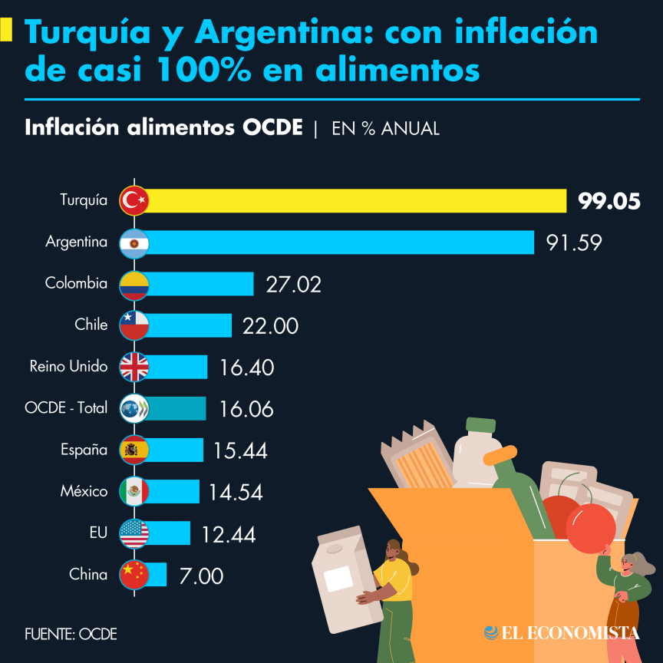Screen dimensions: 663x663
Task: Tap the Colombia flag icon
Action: pyautogui.click(x=134, y=284)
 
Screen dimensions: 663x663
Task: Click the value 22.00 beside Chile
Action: pyautogui.click(x=270, y=325)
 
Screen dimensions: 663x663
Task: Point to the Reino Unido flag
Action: pyautogui.click(x=134, y=367)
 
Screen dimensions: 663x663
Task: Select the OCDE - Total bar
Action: pyautogui.click(x=177, y=408)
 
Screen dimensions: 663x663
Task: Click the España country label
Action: pyautogui.click(x=84, y=450)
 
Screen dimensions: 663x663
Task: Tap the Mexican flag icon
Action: pyautogui.click(x=134, y=491)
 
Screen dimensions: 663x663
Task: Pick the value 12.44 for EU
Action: pyautogui.click(x=229, y=534)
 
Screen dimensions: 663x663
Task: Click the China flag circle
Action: pyautogui.click(x=134, y=574)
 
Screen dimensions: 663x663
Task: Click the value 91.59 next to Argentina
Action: pyautogui.click(x=574, y=242)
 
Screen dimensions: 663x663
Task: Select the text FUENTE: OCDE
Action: pyautogui.click(x=71, y=634)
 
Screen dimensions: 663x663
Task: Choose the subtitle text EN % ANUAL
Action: pyautogui.click(x=385, y=128)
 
